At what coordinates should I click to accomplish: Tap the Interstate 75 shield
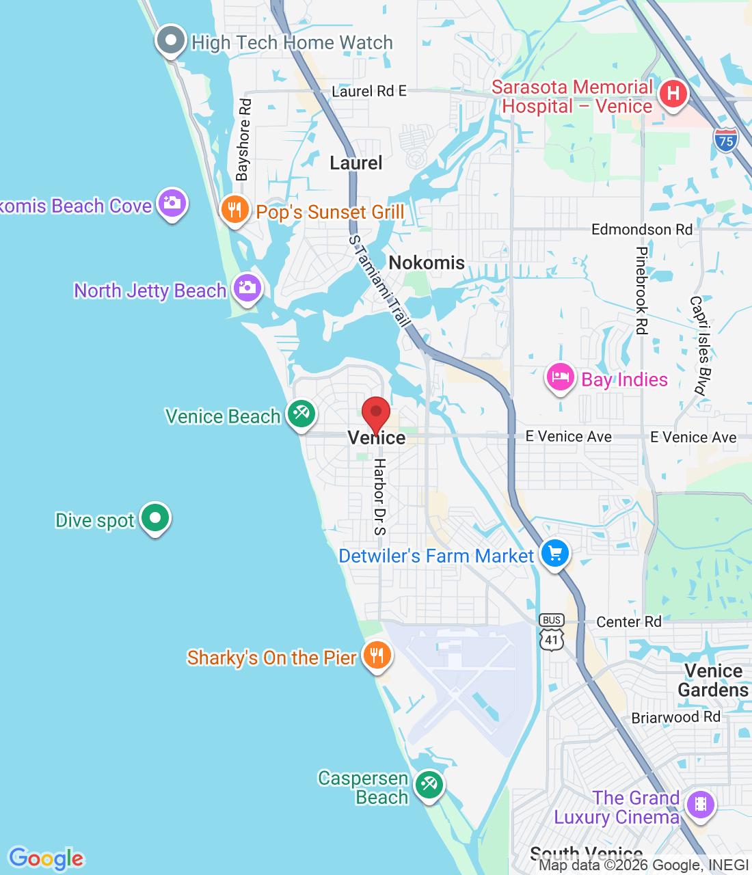(x=726, y=140)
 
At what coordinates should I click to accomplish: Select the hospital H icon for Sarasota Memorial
(x=673, y=94)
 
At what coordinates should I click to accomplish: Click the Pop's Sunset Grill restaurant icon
(x=234, y=209)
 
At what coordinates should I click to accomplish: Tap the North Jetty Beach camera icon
(x=247, y=287)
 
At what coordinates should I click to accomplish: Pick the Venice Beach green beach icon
(x=301, y=413)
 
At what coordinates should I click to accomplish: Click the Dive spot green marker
(x=155, y=517)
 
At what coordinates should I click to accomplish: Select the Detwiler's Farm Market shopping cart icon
(x=554, y=553)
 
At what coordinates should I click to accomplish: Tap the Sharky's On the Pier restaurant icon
(x=377, y=655)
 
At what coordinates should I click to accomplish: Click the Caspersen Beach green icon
(x=429, y=785)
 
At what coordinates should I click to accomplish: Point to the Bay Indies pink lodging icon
(x=560, y=377)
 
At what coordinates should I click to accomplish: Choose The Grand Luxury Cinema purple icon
(x=700, y=805)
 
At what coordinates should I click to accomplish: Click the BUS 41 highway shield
(x=552, y=631)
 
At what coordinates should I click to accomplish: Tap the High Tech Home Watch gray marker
(x=170, y=40)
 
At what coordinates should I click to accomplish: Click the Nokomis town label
(x=427, y=262)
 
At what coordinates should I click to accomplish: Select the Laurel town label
(x=356, y=163)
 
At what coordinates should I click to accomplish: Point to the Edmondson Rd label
(x=642, y=229)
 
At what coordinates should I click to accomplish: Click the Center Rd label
(x=629, y=621)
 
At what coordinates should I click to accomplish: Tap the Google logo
(x=46, y=859)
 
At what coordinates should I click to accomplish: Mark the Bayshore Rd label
(x=243, y=140)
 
